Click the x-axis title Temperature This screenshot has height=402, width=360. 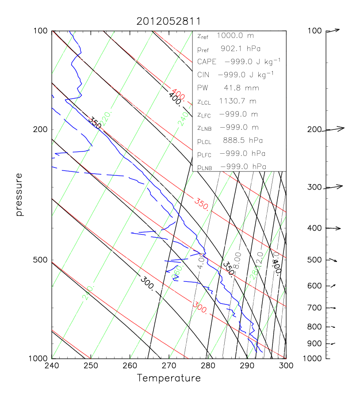[169, 378]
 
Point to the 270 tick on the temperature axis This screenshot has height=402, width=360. [169, 366]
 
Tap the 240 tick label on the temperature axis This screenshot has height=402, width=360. [52, 366]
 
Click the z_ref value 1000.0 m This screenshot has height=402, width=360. [237, 35]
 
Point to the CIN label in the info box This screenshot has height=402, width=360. [204, 75]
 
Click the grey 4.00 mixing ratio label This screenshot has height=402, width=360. [201, 261]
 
